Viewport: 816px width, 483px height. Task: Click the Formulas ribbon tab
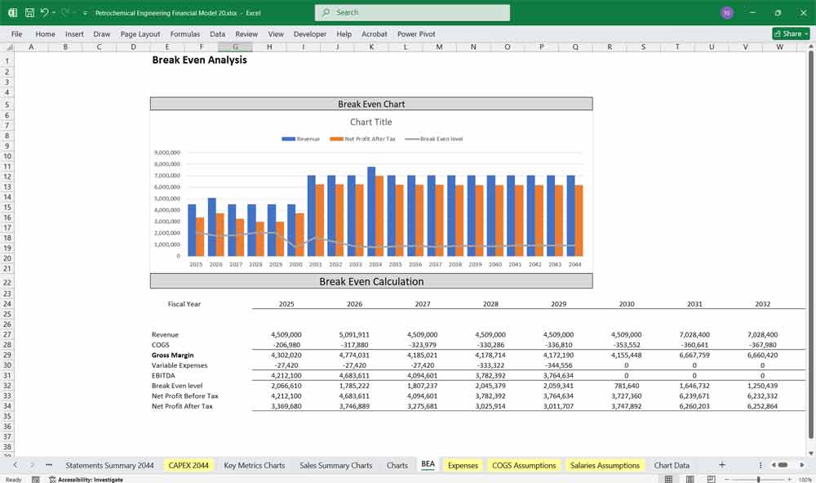point(184,34)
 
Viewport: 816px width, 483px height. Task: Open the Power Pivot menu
point(416,34)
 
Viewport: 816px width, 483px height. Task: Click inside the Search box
point(412,12)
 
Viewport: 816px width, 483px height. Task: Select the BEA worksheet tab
point(428,465)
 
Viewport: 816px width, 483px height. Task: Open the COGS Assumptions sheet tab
point(524,465)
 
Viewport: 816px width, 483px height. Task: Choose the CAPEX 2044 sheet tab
point(188,465)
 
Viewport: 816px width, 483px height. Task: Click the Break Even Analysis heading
point(199,60)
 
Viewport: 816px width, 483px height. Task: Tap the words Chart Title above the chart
point(371,122)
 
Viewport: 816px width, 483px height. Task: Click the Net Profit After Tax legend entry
point(366,139)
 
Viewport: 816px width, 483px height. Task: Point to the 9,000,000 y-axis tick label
point(166,153)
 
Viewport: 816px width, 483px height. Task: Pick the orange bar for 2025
point(201,236)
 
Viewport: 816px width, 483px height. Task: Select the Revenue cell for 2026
point(354,334)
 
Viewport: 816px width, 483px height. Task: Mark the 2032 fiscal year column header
point(762,304)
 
